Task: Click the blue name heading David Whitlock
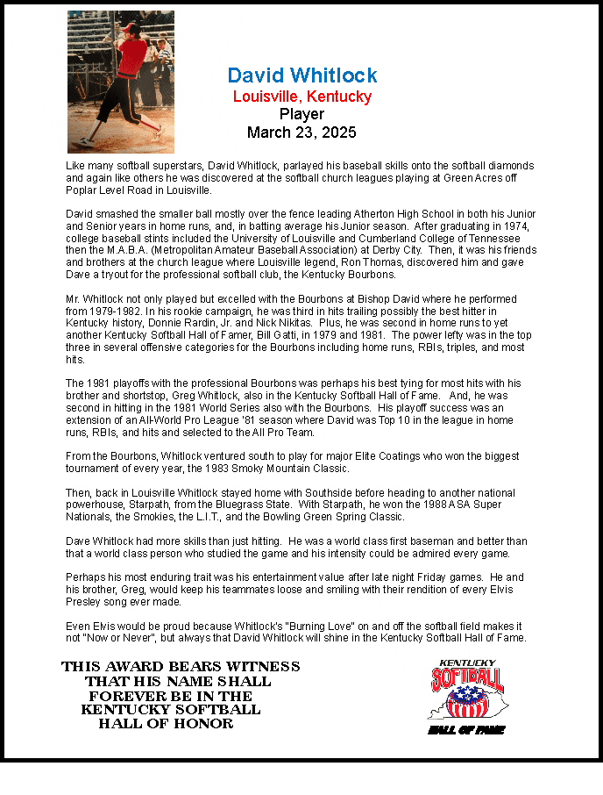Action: tap(302, 75)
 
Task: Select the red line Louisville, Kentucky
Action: tap(302, 97)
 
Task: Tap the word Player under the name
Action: tap(302, 114)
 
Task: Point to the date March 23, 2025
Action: tap(302, 132)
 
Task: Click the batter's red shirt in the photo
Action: tap(132, 57)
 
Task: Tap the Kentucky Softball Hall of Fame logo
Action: tap(467, 696)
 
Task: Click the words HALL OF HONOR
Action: tap(166, 724)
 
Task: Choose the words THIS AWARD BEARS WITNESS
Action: tap(181, 667)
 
